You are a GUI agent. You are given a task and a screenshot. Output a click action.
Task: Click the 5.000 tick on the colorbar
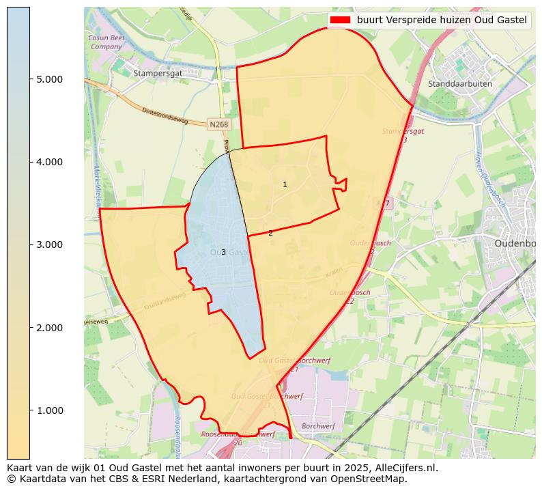coord(49,79)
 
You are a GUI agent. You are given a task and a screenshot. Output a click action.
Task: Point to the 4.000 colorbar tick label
coord(49,162)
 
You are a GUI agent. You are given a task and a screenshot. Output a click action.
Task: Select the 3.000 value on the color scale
coord(49,244)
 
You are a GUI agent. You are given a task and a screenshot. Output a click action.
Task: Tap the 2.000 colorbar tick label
coord(49,328)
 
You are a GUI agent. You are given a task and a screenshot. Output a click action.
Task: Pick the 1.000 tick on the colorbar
coord(49,410)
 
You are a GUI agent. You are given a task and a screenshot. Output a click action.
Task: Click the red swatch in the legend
coord(340,20)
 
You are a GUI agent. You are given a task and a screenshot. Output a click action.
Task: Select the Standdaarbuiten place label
coord(459,84)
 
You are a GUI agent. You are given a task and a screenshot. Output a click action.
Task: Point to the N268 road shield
coord(218,124)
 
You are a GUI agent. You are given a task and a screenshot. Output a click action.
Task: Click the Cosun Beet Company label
coord(106,42)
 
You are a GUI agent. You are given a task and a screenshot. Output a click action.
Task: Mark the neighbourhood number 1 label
coord(285,184)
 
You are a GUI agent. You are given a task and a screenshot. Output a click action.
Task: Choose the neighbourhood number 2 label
coord(270,233)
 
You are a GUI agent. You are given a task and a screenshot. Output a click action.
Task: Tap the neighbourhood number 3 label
coord(223,252)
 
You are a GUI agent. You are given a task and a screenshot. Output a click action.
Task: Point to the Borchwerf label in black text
coord(318,425)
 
